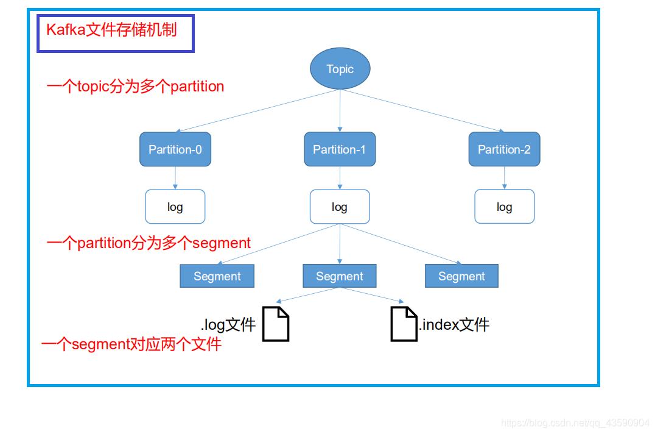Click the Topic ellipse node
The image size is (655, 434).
340,68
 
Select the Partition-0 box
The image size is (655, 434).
175,149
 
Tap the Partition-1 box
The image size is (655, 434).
340,149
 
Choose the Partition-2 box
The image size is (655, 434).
504,149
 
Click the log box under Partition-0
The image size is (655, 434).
175,207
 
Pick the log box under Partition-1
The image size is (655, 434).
340,207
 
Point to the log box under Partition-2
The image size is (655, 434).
504,207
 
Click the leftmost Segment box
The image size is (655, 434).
217,276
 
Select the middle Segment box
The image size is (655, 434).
340,276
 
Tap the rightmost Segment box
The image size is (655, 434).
461,276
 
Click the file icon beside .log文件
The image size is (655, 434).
276,324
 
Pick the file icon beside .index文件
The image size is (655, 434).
404,324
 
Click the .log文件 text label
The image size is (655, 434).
228,325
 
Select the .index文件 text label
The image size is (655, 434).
454,324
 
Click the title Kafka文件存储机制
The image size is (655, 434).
111,30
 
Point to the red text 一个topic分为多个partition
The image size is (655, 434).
135,87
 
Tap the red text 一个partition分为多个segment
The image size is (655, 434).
149,243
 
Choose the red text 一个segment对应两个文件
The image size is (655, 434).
131,344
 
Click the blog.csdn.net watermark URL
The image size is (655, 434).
575,422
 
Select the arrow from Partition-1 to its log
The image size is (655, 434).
340,178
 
